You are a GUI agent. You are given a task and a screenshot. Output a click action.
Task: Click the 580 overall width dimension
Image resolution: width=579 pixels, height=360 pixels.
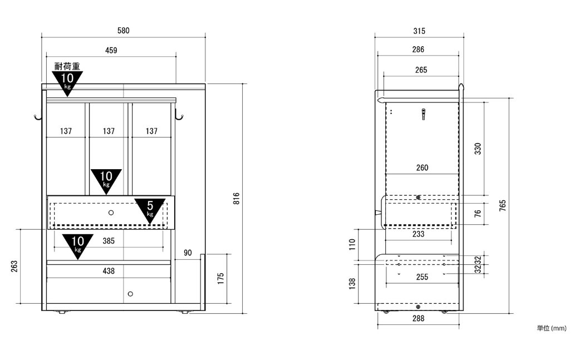(124, 31)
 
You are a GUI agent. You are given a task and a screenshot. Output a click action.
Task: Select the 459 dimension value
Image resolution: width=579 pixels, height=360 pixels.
(111, 51)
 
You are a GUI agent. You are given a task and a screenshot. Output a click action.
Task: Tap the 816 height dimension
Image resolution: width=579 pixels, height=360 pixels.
(236, 198)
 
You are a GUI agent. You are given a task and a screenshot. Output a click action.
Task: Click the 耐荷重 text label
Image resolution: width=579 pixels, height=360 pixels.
(67, 66)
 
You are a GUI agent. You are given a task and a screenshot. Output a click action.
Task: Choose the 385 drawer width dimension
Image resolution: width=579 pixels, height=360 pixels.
(109, 241)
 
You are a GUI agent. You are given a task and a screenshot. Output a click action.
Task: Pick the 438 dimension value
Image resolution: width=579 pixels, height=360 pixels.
(109, 271)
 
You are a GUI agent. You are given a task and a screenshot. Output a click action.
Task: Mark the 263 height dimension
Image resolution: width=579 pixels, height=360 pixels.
(14, 266)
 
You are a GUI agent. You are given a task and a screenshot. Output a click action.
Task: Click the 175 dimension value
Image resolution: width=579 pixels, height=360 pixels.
(221, 278)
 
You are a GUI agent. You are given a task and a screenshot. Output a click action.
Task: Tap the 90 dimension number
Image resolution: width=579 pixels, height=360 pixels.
(188, 253)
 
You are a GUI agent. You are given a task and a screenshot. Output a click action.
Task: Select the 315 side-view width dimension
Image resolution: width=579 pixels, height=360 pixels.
(419, 31)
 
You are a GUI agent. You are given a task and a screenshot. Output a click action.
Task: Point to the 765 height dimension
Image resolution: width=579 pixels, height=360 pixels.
(503, 206)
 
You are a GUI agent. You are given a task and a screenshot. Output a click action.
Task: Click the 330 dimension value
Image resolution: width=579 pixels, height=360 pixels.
(478, 149)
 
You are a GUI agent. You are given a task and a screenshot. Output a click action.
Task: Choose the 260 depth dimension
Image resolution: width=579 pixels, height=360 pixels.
(422, 168)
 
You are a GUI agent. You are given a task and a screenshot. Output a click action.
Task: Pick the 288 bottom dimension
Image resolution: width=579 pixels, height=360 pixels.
(418, 319)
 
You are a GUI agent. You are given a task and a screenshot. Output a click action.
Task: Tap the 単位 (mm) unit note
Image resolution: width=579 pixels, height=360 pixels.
(552, 328)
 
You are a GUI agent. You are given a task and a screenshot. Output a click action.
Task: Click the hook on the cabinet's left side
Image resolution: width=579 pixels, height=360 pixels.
(38, 117)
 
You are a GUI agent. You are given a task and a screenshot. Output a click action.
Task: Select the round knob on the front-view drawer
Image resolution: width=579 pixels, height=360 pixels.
(111, 213)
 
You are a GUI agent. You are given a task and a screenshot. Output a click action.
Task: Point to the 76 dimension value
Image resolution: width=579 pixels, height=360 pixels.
(478, 214)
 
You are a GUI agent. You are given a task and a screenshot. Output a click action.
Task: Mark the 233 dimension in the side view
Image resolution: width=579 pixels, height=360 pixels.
(418, 234)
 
